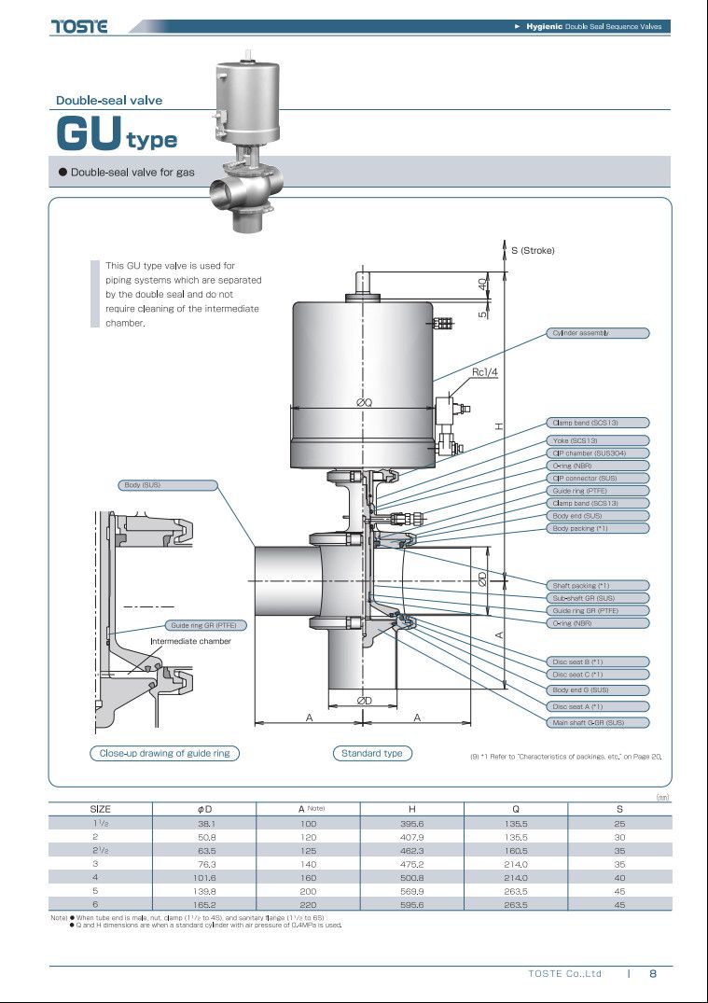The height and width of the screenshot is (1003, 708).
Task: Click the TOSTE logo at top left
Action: click(x=79, y=26)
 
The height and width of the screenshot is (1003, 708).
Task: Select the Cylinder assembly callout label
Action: click(x=598, y=333)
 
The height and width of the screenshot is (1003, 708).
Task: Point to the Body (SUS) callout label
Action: click(x=168, y=485)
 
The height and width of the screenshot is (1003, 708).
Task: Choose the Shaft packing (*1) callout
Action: click(x=598, y=585)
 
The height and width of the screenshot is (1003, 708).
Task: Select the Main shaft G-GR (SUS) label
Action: click(x=598, y=723)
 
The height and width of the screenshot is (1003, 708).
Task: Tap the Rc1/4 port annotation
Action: click(x=484, y=372)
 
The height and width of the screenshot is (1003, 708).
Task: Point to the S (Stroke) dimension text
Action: click(x=533, y=250)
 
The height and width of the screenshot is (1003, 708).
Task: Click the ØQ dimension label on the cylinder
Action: click(x=364, y=402)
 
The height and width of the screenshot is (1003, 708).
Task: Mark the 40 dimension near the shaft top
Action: click(x=482, y=283)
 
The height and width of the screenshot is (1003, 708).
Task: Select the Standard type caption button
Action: click(x=372, y=754)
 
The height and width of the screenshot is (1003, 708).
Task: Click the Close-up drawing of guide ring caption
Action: click(x=164, y=754)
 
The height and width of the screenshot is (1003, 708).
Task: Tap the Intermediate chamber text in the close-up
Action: click(x=190, y=641)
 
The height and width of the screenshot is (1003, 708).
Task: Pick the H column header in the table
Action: click(x=412, y=809)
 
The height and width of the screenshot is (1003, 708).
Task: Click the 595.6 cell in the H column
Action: click(x=412, y=905)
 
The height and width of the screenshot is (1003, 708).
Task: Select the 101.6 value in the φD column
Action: click(x=204, y=878)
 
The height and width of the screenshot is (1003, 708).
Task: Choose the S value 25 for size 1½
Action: click(x=619, y=824)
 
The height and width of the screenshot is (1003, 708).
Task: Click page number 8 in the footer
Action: click(x=653, y=973)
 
